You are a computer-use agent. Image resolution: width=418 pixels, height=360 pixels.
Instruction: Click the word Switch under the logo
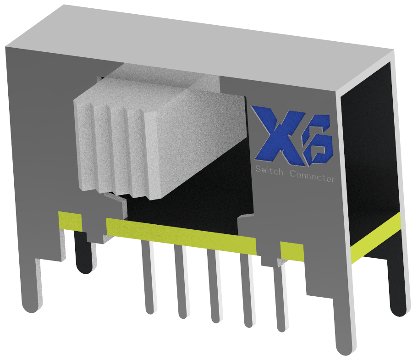269,172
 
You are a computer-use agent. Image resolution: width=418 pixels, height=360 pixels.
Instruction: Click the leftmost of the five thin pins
148,280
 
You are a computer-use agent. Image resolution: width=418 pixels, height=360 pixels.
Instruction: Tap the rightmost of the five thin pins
280,298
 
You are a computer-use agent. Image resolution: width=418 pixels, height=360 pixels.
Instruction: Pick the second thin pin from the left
181,284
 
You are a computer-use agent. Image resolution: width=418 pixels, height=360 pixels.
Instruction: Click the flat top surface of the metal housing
206,41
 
